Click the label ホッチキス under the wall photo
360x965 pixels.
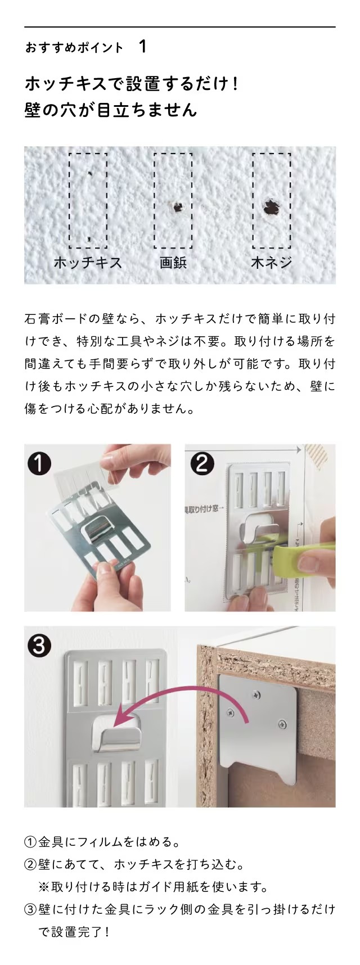click(x=87, y=263)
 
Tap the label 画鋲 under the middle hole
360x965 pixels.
click(x=173, y=263)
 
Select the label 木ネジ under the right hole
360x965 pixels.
click(x=271, y=263)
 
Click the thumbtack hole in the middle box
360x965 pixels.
click(x=178, y=208)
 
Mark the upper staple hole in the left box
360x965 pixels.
click(x=90, y=174)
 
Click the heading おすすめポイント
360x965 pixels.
click(x=74, y=48)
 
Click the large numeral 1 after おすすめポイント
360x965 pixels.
click(x=142, y=47)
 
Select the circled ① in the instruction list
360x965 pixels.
click(x=30, y=842)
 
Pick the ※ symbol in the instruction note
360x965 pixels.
click(x=44, y=887)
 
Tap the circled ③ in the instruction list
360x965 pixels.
click(x=30, y=909)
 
